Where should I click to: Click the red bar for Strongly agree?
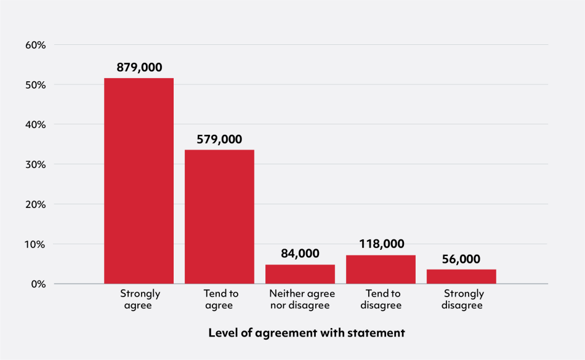pyautogui.click(x=139, y=181)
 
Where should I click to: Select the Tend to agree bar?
pyautogui.click(x=219, y=217)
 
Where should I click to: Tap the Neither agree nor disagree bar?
pyautogui.click(x=300, y=274)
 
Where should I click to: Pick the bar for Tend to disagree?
pyautogui.click(x=381, y=270)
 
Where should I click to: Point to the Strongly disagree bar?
pyautogui.click(x=461, y=277)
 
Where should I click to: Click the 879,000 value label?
pyautogui.click(x=139, y=68)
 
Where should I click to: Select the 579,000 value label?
pyautogui.click(x=219, y=139)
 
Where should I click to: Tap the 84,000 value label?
pyautogui.click(x=300, y=253)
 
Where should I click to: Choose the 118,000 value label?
pyautogui.click(x=381, y=244)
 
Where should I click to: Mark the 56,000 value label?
pyautogui.click(x=461, y=259)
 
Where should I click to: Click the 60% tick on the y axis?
pyautogui.click(x=36, y=45)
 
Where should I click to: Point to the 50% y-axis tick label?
pyautogui.click(x=36, y=85)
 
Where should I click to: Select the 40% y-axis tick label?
pyautogui.click(x=36, y=124)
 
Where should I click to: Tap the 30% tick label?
pyautogui.click(x=36, y=164)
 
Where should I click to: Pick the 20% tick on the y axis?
pyautogui.click(x=36, y=204)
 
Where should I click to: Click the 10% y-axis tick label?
pyautogui.click(x=36, y=244)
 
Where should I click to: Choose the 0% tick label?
pyautogui.click(x=38, y=284)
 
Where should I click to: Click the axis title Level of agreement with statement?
pyautogui.click(x=307, y=333)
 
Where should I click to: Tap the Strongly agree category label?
pyautogui.click(x=140, y=299)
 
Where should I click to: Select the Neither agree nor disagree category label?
pyautogui.click(x=300, y=299)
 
